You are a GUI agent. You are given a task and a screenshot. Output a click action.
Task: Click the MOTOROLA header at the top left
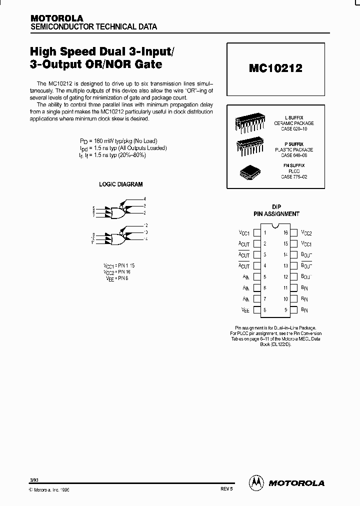coord(57,18)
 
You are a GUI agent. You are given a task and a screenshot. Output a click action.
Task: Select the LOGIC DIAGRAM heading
coord(120,184)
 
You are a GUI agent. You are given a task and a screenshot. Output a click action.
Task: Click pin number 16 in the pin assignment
coord(286,233)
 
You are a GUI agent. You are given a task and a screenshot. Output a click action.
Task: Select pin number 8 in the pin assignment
coord(264,310)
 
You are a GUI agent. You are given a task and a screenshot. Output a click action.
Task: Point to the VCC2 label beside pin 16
coord(306,233)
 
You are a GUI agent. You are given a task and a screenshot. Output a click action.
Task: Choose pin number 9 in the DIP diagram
coord(286,310)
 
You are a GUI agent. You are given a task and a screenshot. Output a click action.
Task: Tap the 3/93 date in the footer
coord(33,480)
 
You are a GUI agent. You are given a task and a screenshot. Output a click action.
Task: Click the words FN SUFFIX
coord(294,165)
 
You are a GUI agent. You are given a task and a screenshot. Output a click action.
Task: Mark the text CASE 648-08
coord(294,155)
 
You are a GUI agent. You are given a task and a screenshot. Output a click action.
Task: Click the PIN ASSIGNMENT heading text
coord(276,213)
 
